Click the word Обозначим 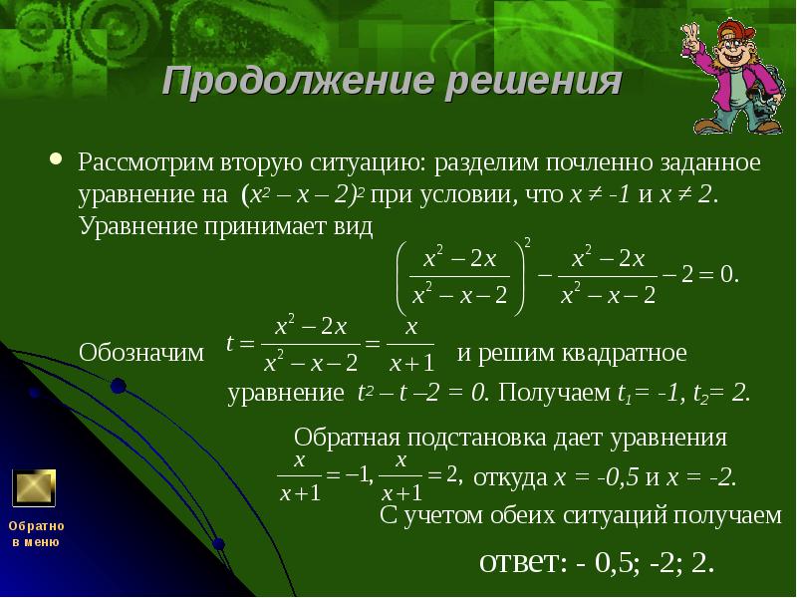click(140, 353)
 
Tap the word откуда click(507, 477)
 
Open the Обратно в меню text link click(36, 533)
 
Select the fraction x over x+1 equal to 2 click(402, 477)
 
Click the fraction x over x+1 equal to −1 click(299, 477)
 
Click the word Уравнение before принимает click(138, 227)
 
